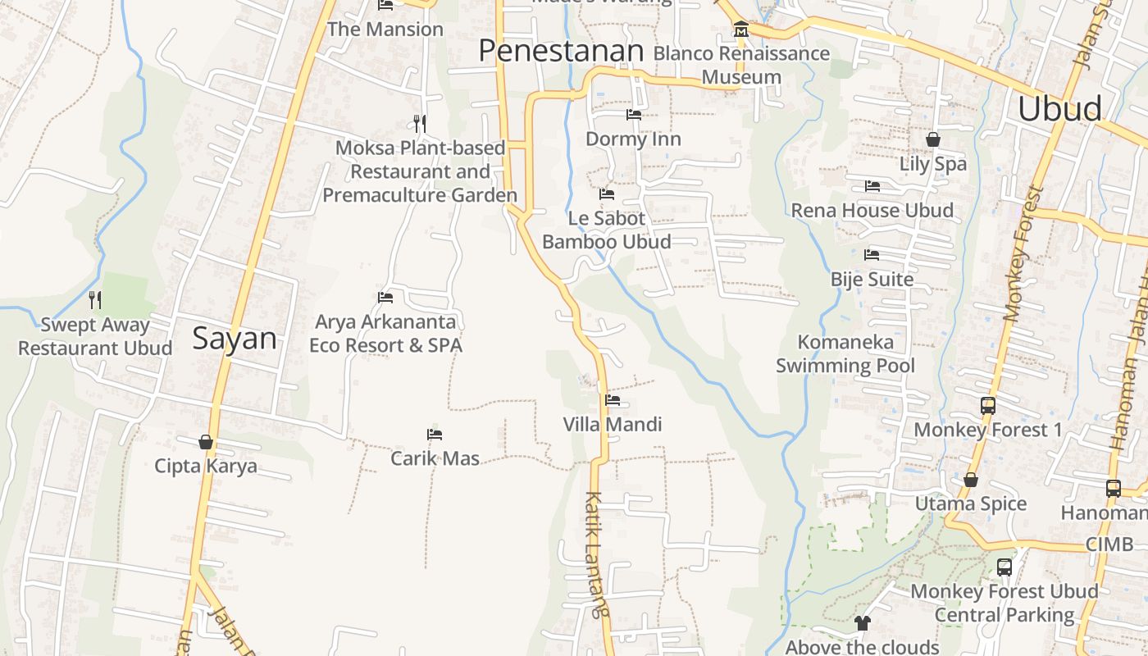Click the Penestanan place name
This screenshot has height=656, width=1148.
tap(561, 51)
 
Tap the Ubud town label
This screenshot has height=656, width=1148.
tap(1059, 108)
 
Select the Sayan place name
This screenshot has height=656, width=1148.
tap(235, 339)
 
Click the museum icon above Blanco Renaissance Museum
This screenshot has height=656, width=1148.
tap(741, 30)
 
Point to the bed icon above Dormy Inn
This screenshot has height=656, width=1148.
tap(633, 115)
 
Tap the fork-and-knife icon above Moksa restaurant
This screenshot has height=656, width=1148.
tap(420, 124)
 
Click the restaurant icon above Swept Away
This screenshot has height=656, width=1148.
tap(95, 300)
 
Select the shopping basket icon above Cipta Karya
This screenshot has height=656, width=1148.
tap(206, 442)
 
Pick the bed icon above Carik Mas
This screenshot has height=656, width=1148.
tap(435, 434)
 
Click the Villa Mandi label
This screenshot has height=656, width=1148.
tap(612, 425)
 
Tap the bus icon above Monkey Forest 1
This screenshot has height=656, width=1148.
tap(988, 405)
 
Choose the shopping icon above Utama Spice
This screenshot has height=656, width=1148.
tap(971, 480)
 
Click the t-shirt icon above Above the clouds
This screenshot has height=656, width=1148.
tap(862, 623)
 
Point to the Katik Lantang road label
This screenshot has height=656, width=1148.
tap(597, 553)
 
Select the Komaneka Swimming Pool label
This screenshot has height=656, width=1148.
tap(845, 353)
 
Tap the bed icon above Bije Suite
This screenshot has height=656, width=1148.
tap(872, 255)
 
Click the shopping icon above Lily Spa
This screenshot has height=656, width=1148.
tap(932, 139)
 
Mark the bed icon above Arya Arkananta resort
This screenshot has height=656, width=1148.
tap(385, 297)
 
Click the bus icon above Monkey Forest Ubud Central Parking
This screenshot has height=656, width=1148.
tap(1004, 567)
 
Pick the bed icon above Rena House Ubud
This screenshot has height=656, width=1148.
tap(872, 186)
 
